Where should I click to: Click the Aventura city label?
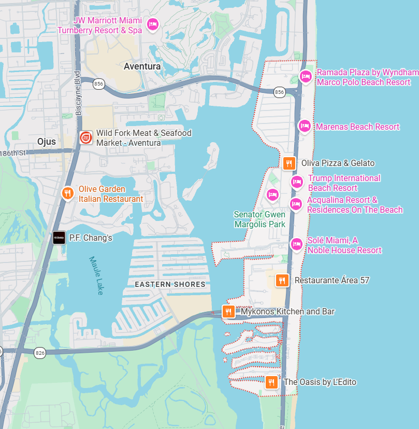click(x=142, y=66)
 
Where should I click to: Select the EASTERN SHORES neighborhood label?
click(x=170, y=284)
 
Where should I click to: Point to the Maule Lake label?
click(x=96, y=275)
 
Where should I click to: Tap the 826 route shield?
click(x=40, y=353)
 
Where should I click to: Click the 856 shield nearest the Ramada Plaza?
click(x=280, y=92)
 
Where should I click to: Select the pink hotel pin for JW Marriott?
click(x=152, y=24)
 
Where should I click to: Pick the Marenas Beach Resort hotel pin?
click(x=305, y=126)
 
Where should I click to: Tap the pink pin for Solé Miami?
click(x=296, y=244)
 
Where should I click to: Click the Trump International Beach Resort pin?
click(x=296, y=182)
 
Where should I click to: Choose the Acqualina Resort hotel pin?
click(x=296, y=204)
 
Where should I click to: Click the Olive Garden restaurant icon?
click(x=67, y=193)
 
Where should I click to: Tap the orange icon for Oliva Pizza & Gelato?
click(x=289, y=163)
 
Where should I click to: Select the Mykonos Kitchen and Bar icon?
click(x=228, y=311)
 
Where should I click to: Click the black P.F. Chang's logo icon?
click(x=59, y=238)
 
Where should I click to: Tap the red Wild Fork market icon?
click(x=86, y=138)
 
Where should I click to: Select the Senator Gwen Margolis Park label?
click(x=259, y=219)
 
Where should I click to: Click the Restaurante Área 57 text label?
click(x=331, y=280)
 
